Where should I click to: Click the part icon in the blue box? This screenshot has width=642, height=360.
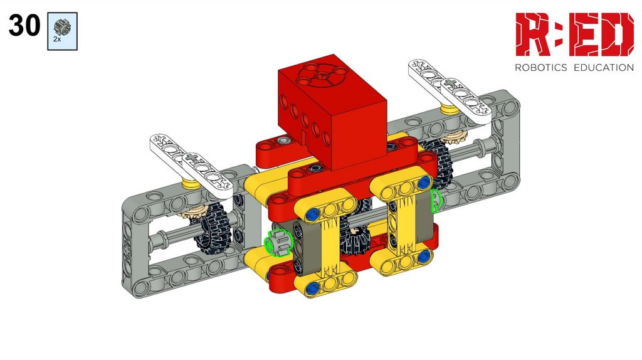click(x=62, y=27)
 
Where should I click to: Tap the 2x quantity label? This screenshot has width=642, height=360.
click(x=57, y=40)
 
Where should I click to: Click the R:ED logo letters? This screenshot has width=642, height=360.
click(x=574, y=34)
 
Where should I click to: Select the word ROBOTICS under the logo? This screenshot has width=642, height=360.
click(x=541, y=68)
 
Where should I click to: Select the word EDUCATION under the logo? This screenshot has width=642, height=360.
click(x=604, y=68)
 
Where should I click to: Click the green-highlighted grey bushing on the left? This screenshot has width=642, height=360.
click(x=278, y=243)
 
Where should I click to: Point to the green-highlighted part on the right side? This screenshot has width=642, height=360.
click(x=437, y=201)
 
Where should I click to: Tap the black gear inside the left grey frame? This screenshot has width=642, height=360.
click(x=213, y=226)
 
